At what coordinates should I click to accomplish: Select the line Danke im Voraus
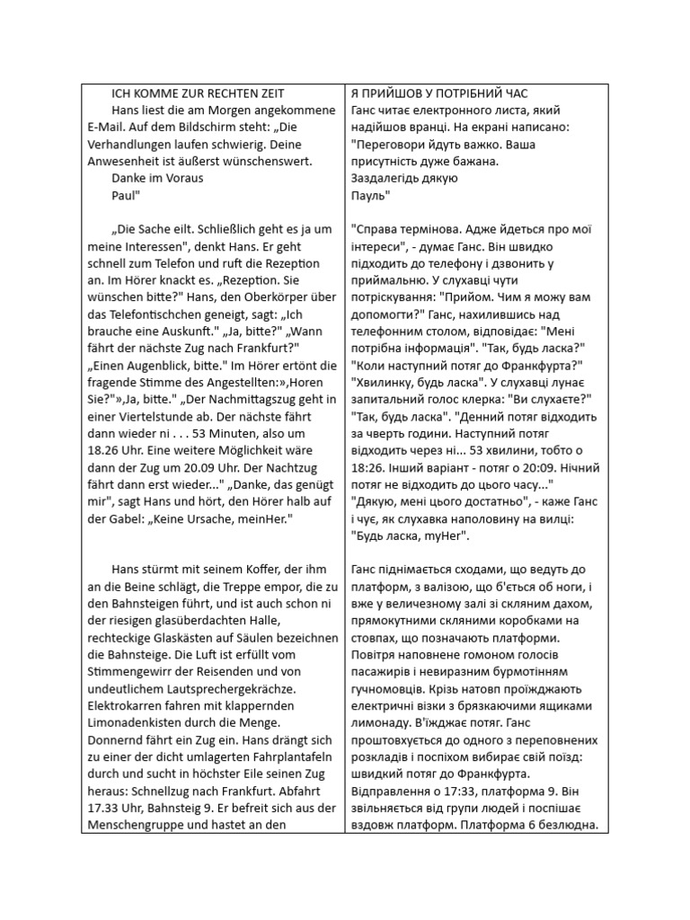[x=157, y=178]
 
